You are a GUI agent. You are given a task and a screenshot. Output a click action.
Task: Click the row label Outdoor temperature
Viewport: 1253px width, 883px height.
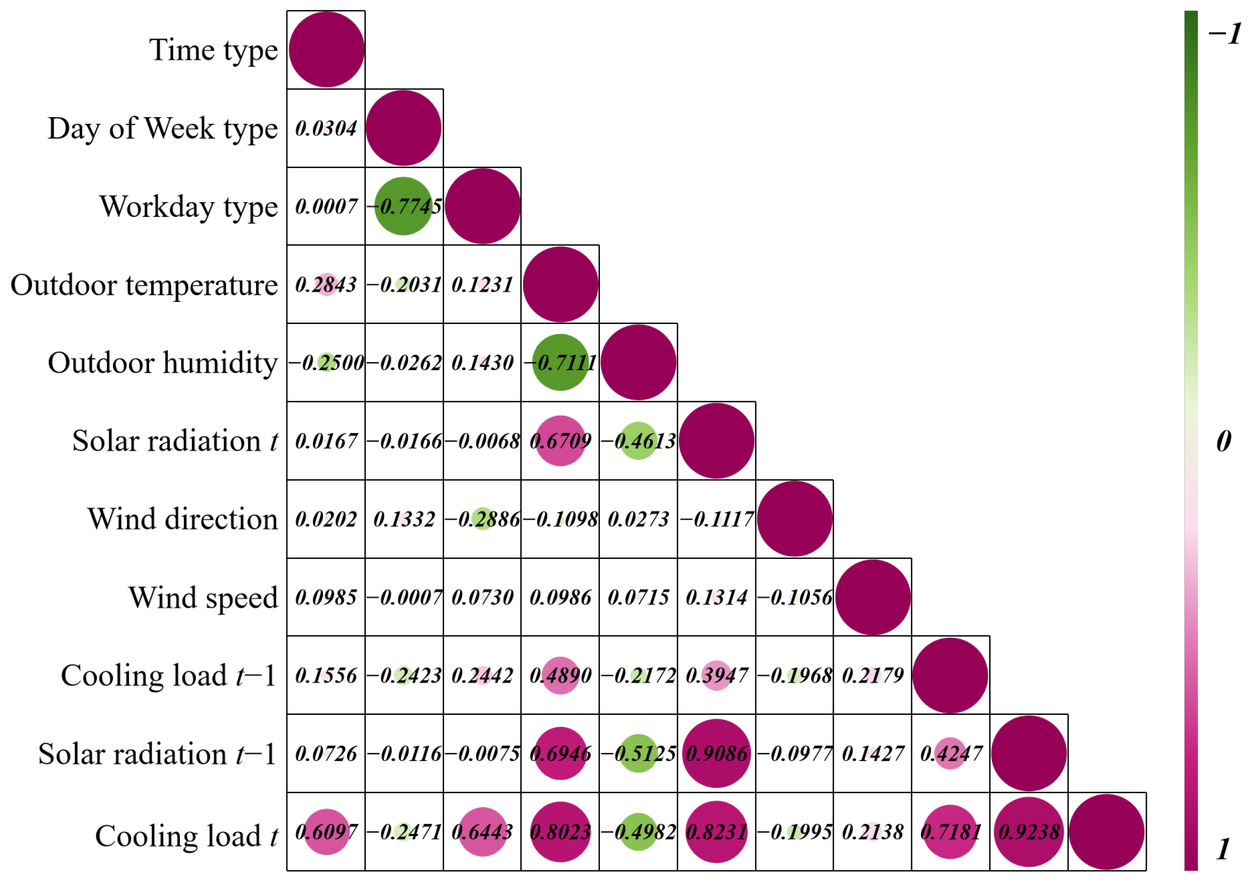coord(144,285)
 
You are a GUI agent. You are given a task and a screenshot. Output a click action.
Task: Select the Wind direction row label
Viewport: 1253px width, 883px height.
coord(182,519)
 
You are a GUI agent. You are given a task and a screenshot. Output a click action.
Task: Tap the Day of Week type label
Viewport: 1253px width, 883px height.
coord(163,129)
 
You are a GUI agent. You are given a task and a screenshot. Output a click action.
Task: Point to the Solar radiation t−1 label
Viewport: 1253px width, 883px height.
coord(157,754)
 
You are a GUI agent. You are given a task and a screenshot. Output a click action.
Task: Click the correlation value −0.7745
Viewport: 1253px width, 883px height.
coord(404,207)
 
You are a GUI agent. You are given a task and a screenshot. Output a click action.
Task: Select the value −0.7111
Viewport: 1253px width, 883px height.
coord(561,362)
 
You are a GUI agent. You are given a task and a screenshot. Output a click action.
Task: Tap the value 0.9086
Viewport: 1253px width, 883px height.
coord(716,754)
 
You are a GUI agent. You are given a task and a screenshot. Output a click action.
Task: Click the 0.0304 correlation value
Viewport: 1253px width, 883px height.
coord(326,129)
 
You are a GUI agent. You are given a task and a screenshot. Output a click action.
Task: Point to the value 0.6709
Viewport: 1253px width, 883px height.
coord(561,441)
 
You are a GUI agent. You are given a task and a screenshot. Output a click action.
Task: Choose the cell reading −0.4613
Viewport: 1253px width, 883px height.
coord(639,441)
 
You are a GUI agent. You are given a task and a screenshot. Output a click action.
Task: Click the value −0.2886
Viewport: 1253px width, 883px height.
coord(482,519)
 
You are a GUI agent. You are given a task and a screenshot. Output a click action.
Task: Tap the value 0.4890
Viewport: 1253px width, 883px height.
coord(561,676)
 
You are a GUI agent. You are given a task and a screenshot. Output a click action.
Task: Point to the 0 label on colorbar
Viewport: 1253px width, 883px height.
coord(1224,441)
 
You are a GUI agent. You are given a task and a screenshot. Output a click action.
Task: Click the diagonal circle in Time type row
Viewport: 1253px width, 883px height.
coord(326,50)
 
